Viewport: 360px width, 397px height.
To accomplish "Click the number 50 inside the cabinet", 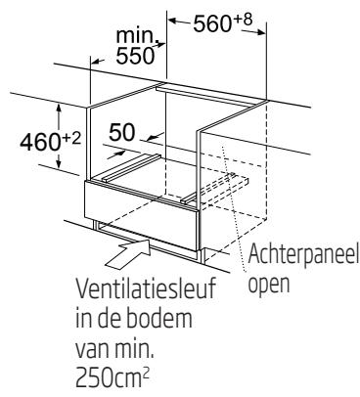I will coord(121,133).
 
